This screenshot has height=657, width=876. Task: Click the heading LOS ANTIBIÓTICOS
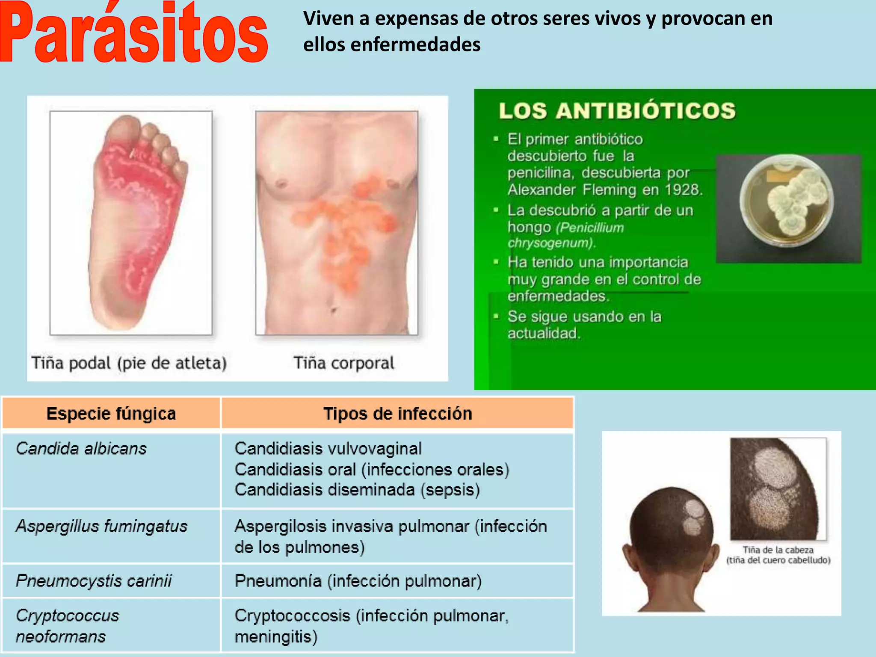tap(617, 111)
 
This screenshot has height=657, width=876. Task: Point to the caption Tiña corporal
tap(343, 363)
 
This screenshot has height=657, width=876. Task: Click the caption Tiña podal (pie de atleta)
tap(129, 363)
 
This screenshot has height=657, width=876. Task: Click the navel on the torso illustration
tap(333, 308)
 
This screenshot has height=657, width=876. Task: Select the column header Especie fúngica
tap(111, 414)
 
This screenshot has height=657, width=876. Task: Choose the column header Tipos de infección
tap(397, 414)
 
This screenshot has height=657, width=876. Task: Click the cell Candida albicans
tap(81, 449)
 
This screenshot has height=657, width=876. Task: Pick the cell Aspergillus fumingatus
tap(102, 526)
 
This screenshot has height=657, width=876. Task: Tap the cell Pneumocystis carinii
tap(94, 581)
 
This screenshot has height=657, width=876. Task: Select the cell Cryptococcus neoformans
tap(68, 626)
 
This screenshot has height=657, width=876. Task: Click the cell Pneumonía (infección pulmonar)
tap(358, 581)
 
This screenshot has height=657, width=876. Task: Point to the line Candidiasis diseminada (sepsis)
tap(357, 490)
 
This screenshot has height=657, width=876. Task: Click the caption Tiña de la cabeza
tap(778, 550)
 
